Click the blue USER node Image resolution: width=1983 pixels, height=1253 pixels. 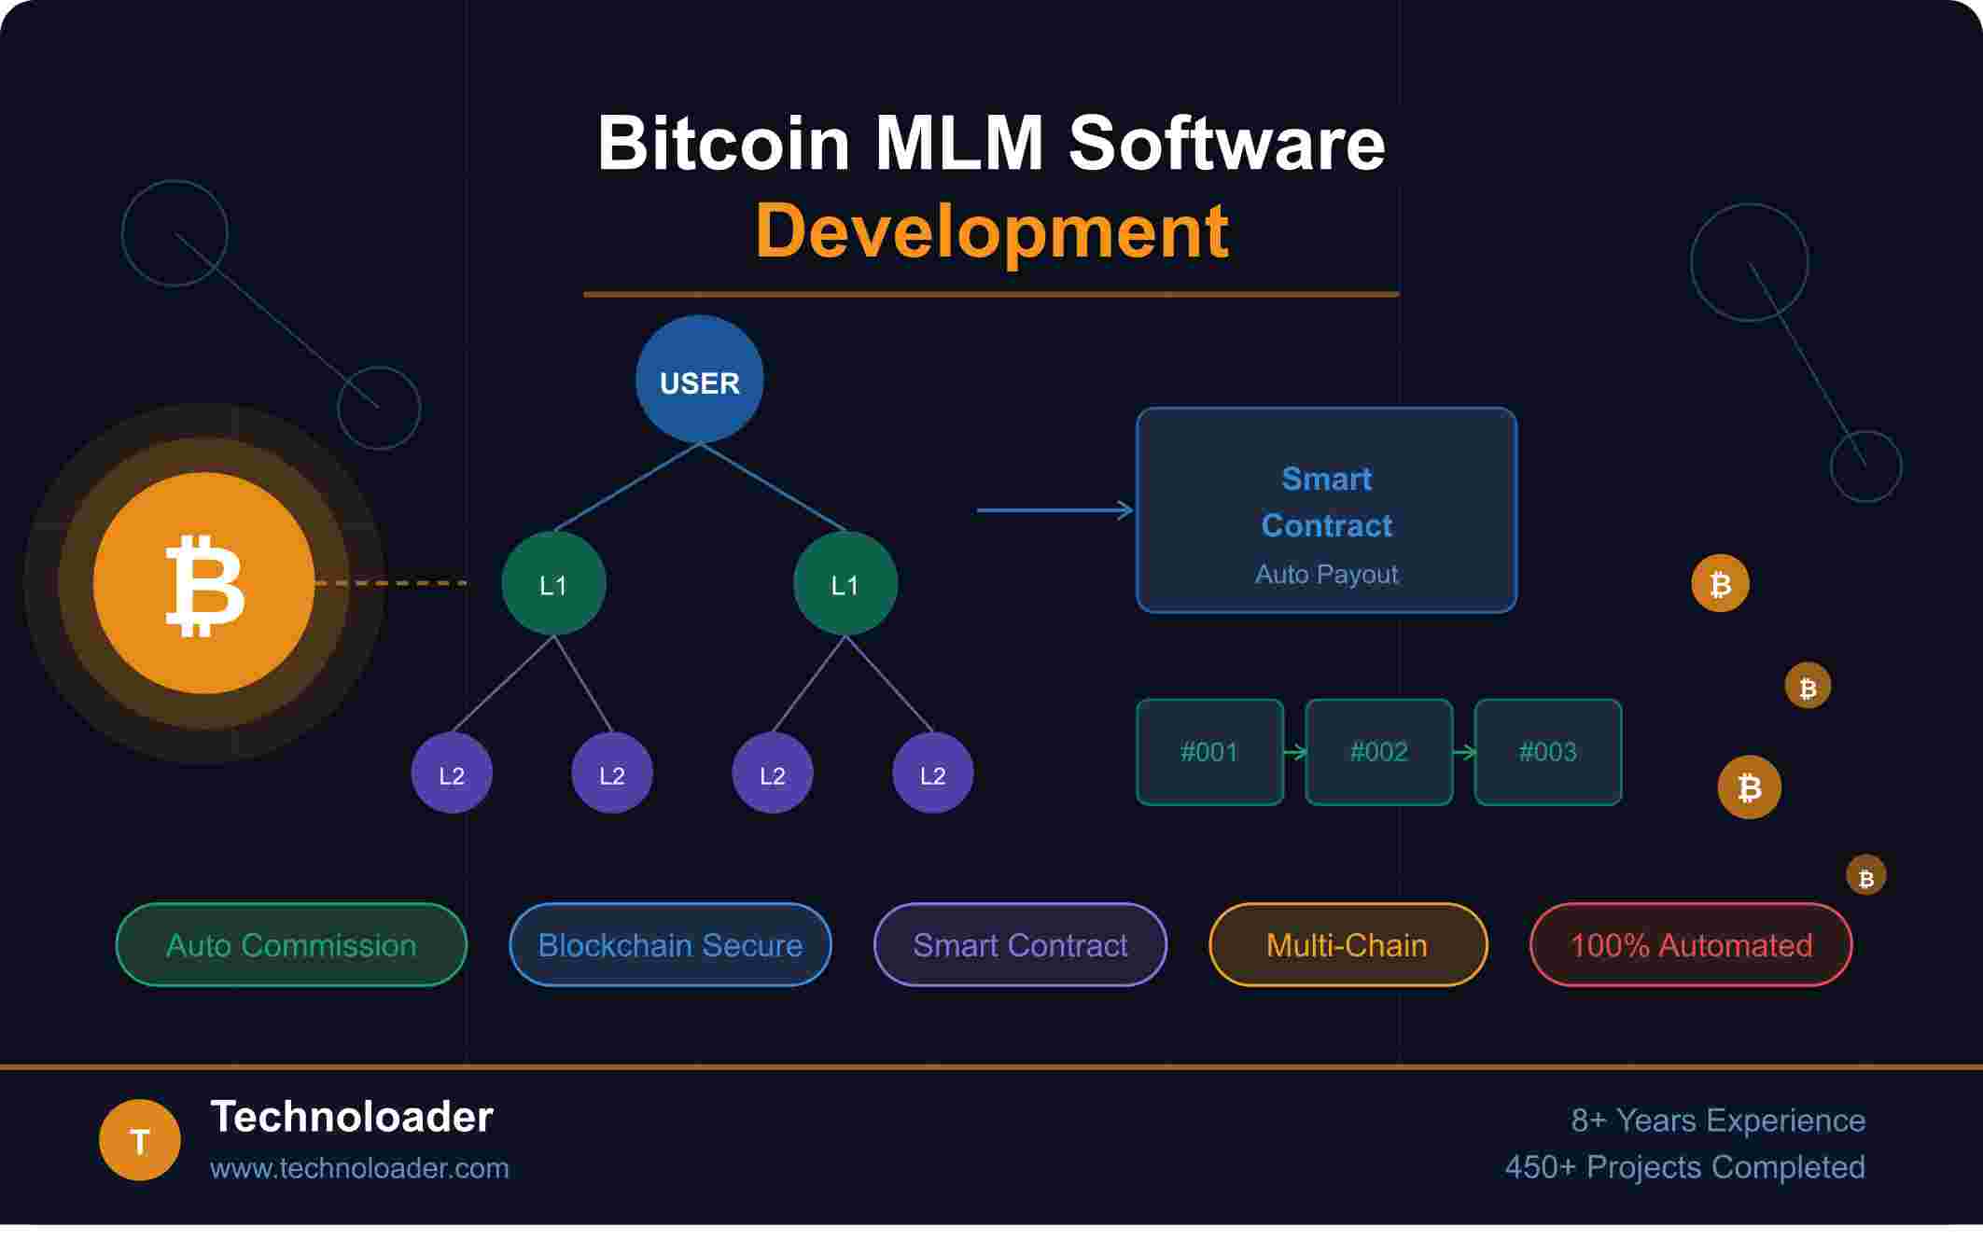click(x=699, y=380)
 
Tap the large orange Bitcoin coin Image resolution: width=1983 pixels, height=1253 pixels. click(x=203, y=583)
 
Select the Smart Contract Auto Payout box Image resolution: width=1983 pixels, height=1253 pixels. click(x=1326, y=510)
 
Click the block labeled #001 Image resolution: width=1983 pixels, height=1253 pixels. click(x=1209, y=752)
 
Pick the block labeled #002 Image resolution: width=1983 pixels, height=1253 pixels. click(x=1378, y=752)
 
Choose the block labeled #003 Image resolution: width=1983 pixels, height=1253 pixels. click(x=1547, y=752)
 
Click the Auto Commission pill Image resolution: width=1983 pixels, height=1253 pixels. click(x=291, y=945)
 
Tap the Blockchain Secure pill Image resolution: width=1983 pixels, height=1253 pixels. click(x=670, y=945)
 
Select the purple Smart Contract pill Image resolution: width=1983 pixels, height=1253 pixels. click(x=1020, y=945)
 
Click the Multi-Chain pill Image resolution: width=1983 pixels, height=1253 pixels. click(x=1348, y=945)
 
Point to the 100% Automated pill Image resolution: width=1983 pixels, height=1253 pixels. click(x=1691, y=945)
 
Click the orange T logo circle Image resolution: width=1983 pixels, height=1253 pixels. click(x=140, y=1140)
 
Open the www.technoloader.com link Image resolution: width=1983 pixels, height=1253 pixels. click(x=359, y=1168)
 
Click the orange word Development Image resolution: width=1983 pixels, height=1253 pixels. click(x=991, y=230)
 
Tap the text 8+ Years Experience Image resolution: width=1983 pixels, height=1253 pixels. click(x=1717, y=1121)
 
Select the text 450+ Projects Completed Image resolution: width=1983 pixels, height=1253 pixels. click(x=1684, y=1167)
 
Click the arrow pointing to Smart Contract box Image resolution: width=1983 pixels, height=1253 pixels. click(x=1054, y=510)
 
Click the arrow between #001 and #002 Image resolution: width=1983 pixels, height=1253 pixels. click(x=1294, y=752)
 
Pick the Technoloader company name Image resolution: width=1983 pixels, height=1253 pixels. click(x=352, y=1117)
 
